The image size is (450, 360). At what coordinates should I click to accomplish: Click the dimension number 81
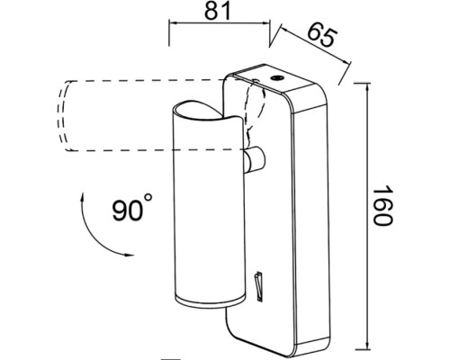pyautogui.click(x=218, y=11)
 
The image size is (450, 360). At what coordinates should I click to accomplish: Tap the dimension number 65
pyautogui.click(x=320, y=34)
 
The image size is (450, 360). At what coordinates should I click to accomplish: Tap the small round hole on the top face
pyautogui.click(x=276, y=78)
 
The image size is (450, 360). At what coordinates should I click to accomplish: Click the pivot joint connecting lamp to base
pyautogui.click(x=255, y=159)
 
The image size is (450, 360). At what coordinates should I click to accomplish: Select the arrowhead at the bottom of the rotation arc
pyautogui.click(x=130, y=256)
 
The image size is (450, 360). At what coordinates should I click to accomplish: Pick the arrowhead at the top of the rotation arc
pyautogui.click(x=82, y=197)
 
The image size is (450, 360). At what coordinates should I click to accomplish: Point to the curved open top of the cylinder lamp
pyautogui.click(x=207, y=112)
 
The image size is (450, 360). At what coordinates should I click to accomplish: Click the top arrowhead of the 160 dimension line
pyautogui.click(x=366, y=88)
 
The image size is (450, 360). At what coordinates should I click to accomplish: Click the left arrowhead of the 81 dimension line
pyautogui.click(x=175, y=22)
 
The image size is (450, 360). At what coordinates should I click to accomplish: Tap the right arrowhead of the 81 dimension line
pyautogui.click(x=265, y=22)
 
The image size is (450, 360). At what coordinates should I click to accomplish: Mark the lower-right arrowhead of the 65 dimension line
pyautogui.click(x=346, y=61)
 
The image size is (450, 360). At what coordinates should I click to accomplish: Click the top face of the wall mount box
pyautogui.click(x=278, y=78)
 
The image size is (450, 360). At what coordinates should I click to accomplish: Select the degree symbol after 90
pyautogui.click(x=148, y=198)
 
